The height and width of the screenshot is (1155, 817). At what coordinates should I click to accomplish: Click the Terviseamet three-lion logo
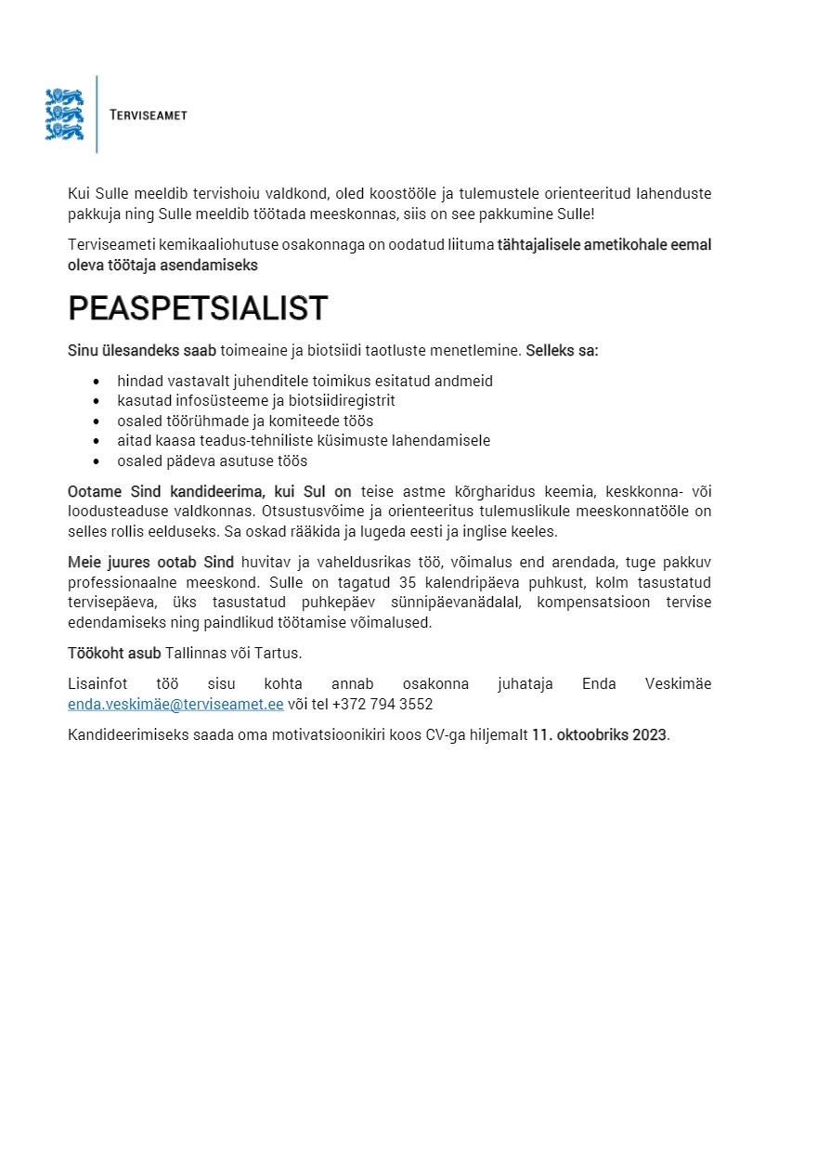[x=64, y=114]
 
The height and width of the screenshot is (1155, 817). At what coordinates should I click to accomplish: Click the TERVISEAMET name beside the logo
[x=149, y=115]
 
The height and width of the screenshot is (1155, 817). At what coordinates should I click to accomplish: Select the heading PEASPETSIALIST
[x=198, y=308]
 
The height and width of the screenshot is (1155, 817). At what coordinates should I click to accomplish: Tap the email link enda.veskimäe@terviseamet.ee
[x=175, y=705]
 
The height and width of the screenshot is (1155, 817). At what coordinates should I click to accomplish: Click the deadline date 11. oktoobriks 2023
[x=599, y=735]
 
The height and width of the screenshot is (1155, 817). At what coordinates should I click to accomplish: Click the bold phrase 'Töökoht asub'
[x=114, y=653]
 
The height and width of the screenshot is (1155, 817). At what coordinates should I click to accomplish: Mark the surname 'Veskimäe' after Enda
[x=678, y=684]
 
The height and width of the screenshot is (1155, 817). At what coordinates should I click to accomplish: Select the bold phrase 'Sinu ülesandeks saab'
[x=142, y=351]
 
